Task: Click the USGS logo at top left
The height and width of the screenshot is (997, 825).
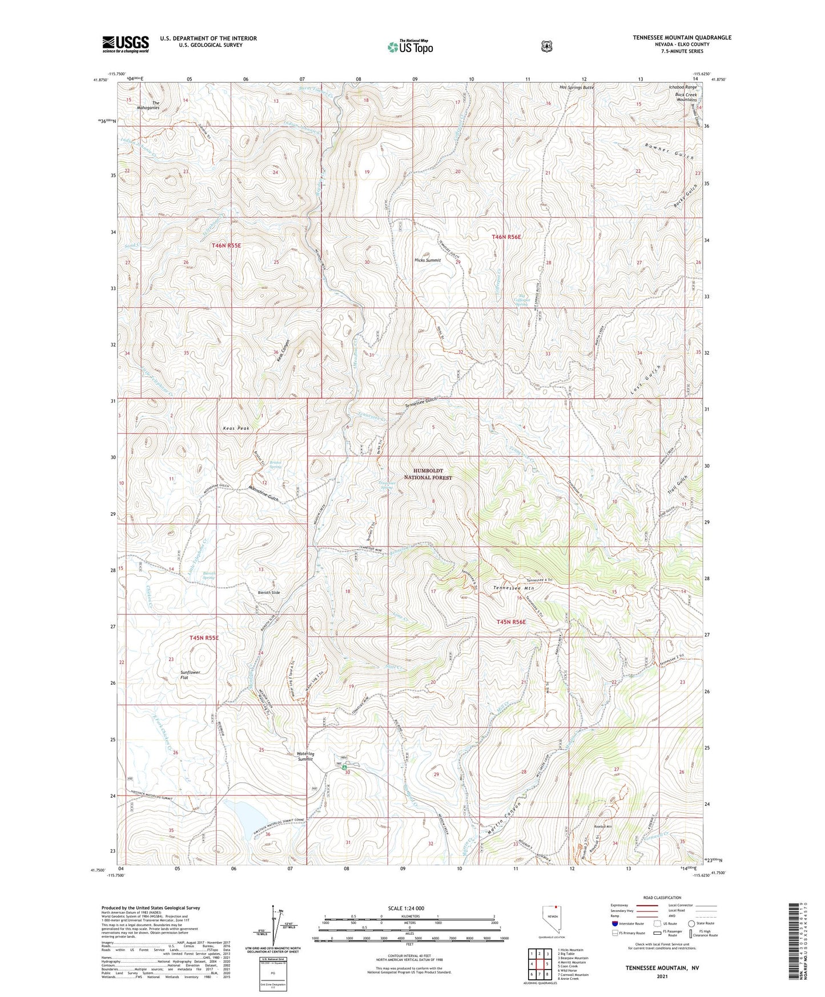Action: [x=126, y=43]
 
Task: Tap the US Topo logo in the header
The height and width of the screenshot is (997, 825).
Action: [x=410, y=47]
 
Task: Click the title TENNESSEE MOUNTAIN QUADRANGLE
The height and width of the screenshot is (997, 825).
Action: [x=681, y=38]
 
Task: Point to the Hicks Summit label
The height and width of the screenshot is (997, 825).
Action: [x=427, y=260]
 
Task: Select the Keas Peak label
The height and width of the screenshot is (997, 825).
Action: [x=236, y=428]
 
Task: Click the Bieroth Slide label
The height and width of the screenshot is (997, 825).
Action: [x=269, y=593]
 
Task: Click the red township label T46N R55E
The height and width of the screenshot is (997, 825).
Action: [x=226, y=245]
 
